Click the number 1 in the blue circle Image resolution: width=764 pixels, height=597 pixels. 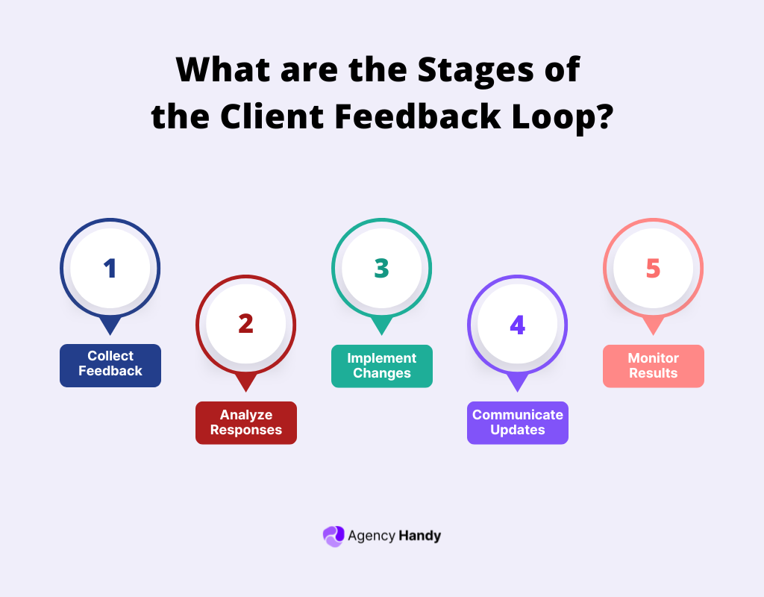pos(110,269)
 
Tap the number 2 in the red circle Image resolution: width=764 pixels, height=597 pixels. pos(246,324)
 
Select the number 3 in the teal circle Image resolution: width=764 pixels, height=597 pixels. pos(382,269)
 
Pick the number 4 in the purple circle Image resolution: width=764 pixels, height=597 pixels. pos(518,325)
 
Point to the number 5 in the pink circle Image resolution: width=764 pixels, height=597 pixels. pos(654,269)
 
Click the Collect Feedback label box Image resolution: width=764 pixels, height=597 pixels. pos(110,365)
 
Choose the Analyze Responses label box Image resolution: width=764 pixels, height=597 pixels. pos(246,422)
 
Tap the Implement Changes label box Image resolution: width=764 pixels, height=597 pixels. pos(382,366)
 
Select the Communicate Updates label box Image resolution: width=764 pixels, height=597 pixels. pos(518,422)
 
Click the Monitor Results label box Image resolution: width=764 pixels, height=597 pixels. pos(654,366)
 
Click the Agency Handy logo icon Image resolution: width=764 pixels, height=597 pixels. pos(333,536)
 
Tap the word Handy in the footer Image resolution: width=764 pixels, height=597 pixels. pos(419,536)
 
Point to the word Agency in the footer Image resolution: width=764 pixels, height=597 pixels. pos(371,536)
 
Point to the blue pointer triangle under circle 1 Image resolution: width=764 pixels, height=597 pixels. pos(110,326)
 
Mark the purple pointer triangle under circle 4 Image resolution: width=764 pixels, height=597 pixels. pos(518,383)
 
